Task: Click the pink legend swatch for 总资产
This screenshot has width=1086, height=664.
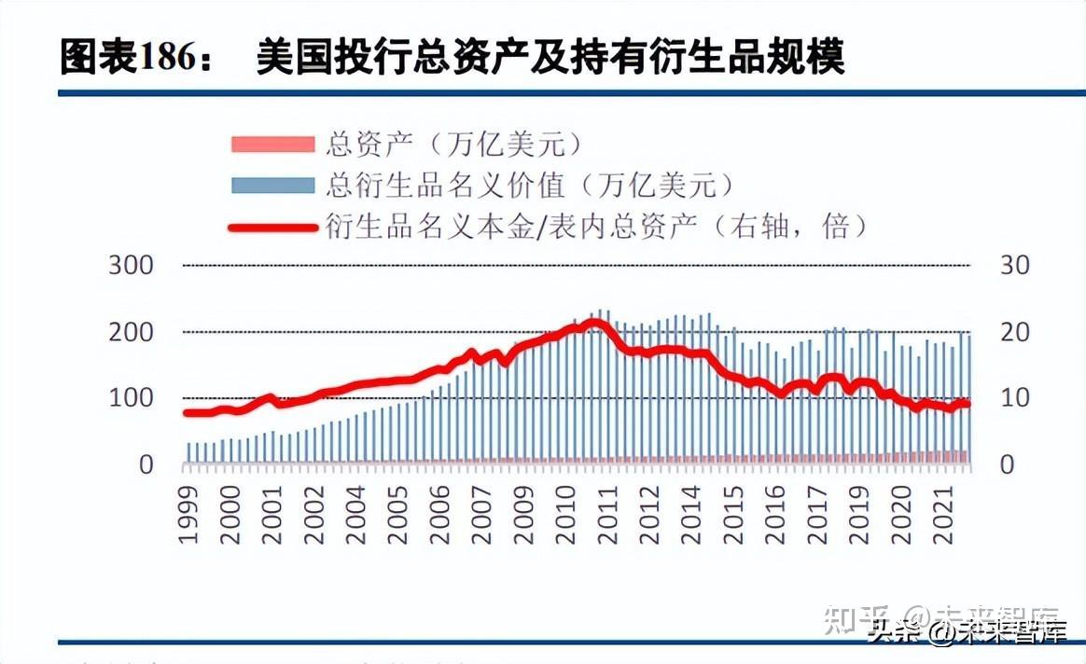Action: [272, 145]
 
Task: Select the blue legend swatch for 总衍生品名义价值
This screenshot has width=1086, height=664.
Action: [272, 185]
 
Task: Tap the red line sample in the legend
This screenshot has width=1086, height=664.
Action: [272, 225]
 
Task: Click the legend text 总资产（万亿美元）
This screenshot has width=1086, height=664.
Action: [455, 145]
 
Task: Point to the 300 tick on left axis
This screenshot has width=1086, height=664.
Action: [132, 266]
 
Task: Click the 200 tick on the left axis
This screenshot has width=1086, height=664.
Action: [132, 332]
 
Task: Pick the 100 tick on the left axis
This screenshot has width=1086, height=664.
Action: [132, 398]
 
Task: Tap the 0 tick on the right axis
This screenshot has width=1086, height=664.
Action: [1007, 464]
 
